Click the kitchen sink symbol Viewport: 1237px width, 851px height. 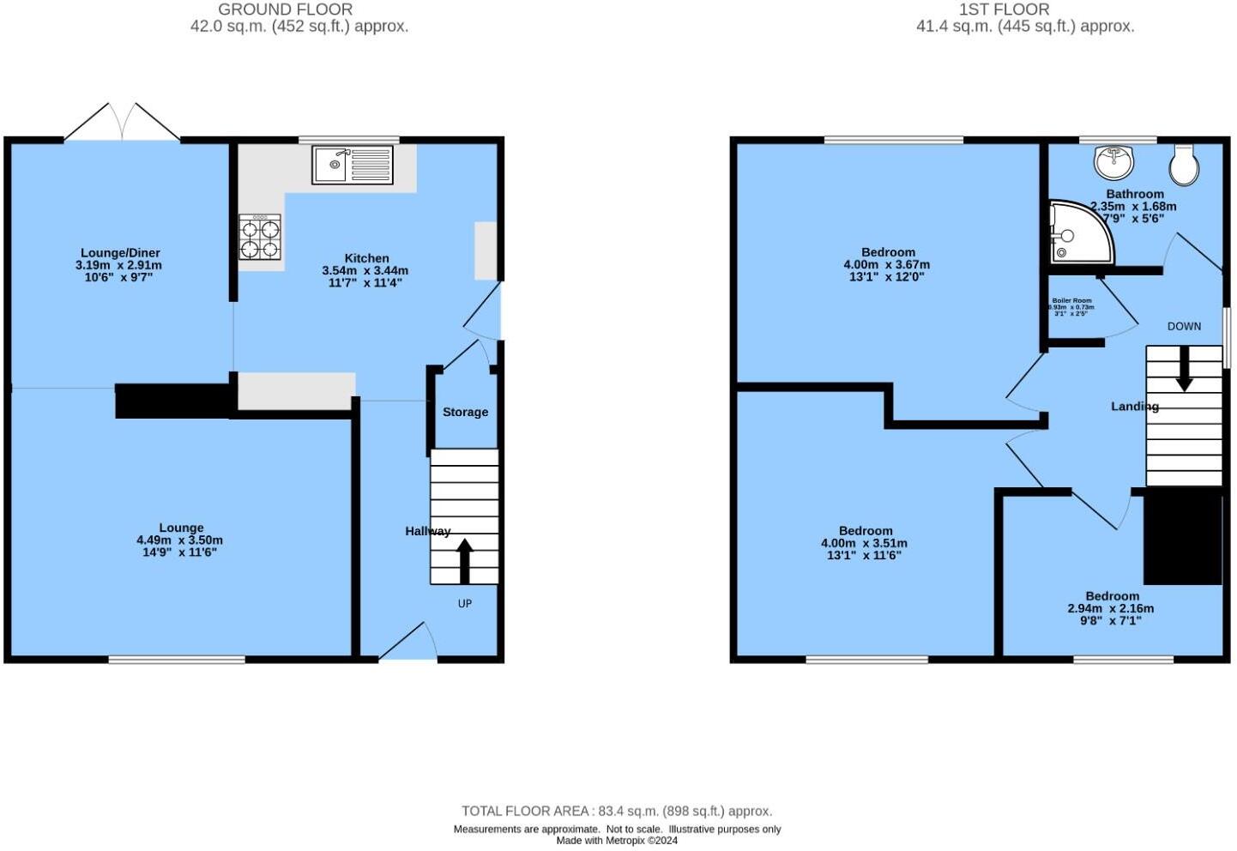[x=353, y=165]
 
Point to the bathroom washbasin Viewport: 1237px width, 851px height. [x=1113, y=160]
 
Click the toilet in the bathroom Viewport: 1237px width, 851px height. [x=1185, y=164]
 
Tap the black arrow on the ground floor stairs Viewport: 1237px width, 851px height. [x=464, y=560]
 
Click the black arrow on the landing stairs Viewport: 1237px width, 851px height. [x=1184, y=369]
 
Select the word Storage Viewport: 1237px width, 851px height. [x=465, y=413]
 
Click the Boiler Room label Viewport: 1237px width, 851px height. [x=1071, y=301]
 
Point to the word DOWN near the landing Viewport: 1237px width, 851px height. [x=1184, y=327]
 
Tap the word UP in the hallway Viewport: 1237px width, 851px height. [x=464, y=604]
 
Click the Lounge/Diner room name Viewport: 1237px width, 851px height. [x=120, y=253]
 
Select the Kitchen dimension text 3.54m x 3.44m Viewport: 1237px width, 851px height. [x=365, y=270]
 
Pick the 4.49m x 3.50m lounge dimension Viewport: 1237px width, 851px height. [x=179, y=540]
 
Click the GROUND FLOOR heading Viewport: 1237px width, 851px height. [x=285, y=9]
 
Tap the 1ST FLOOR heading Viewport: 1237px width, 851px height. [x=1004, y=9]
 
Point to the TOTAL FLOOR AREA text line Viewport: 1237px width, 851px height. [x=616, y=811]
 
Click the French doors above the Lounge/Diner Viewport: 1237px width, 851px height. [x=123, y=123]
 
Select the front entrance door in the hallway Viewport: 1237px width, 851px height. [x=408, y=643]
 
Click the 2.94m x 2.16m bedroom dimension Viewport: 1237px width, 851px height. [x=1110, y=608]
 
